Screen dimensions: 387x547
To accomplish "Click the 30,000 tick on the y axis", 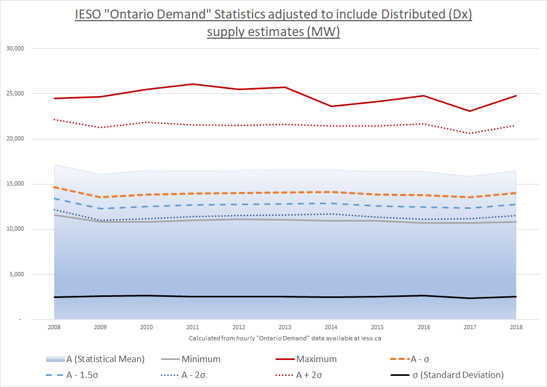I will [x=18, y=49].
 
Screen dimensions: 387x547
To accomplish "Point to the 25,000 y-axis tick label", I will [x=18, y=94].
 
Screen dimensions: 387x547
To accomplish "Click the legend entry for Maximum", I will [x=316, y=359].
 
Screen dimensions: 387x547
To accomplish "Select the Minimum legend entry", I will [x=201, y=359].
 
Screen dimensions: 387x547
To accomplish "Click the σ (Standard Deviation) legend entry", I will [x=457, y=375].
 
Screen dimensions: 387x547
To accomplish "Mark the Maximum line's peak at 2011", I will [x=193, y=84].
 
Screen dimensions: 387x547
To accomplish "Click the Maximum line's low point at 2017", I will [x=470, y=111].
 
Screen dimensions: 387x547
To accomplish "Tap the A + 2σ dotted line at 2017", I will [x=470, y=133].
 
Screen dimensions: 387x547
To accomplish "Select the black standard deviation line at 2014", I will [x=331, y=297].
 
